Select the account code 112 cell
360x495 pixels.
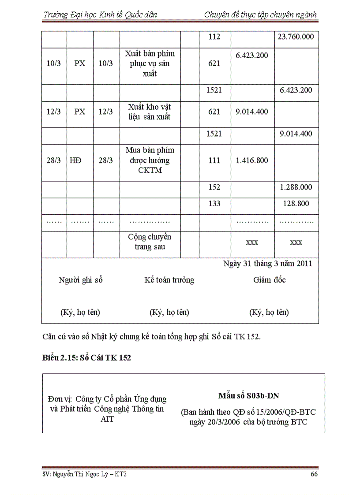click(214, 37)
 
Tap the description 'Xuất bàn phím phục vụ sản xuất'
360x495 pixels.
click(150, 63)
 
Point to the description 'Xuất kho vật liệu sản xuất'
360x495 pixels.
click(150, 112)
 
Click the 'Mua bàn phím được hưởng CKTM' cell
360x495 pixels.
click(150, 160)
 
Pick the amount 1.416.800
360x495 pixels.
click(252, 160)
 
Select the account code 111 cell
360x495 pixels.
click(214, 160)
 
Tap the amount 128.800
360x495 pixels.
click(296, 204)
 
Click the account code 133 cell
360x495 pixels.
click(214, 204)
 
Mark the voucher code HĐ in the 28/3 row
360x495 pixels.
click(75, 160)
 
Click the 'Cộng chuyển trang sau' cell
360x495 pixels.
click(150, 242)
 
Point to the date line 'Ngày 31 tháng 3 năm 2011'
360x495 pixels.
click(268, 264)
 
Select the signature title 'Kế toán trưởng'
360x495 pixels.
click(169, 280)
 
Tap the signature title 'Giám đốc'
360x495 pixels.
click(269, 280)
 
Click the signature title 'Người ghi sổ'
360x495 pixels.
click(80, 280)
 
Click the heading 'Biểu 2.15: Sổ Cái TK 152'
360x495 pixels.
click(86, 357)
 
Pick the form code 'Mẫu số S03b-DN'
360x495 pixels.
click(248, 396)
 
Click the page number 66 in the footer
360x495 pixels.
click(314, 474)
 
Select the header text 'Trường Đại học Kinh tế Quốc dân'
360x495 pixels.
click(100, 15)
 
